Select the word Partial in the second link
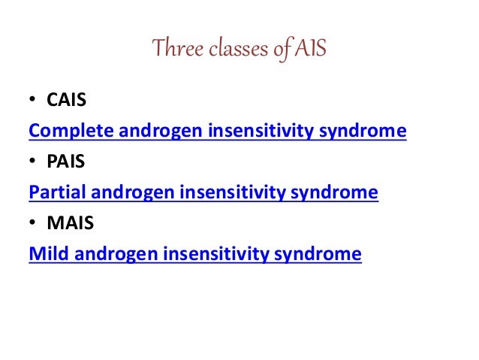tap(53, 193)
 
